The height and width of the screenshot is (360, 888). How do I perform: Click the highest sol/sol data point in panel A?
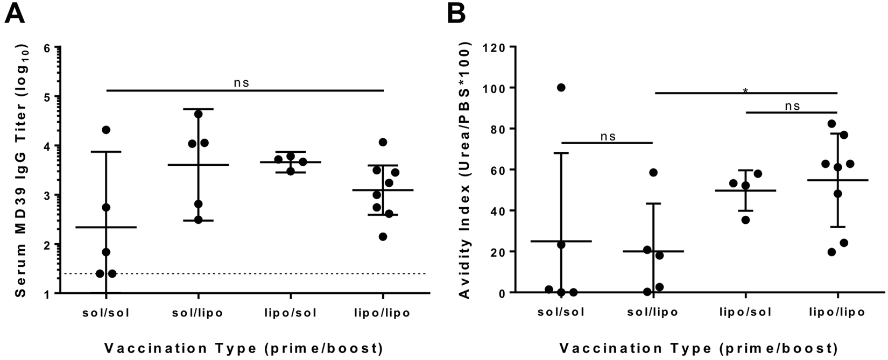click(x=106, y=130)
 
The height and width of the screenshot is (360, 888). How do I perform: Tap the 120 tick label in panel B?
click(x=495, y=47)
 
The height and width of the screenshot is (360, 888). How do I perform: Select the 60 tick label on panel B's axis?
click(x=498, y=170)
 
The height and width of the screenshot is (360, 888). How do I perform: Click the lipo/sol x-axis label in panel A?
click(x=291, y=313)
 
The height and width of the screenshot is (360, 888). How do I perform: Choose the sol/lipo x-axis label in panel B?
click(x=653, y=312)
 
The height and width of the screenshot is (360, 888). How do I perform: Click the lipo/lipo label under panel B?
click(x=837, y=312)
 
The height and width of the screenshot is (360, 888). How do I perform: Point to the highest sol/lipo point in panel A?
click(x=198, y=114)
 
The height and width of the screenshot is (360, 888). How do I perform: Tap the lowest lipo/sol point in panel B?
click(x=745, y=220)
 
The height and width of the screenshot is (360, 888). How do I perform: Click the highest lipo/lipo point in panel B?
click(x=831, y=124)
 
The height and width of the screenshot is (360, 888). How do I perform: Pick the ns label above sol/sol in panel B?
click(x=608, y=137)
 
